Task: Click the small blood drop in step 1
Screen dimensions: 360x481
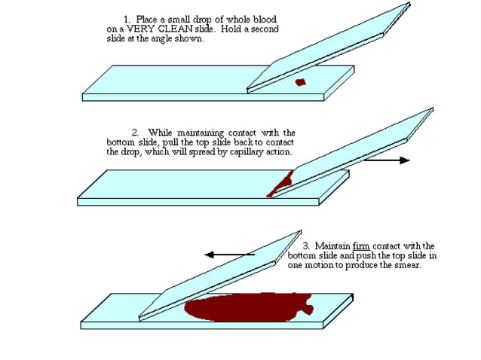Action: click(x=299, y=82)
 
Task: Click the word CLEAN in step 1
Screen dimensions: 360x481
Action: click(x=165, y=29)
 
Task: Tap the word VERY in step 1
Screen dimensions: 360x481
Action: click(x=133, y=29)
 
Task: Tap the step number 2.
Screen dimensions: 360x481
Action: click(x=136, y=133)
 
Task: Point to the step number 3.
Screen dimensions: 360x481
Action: click(x=305, y=246)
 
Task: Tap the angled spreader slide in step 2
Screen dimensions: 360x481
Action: click(x=354, y=151)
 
